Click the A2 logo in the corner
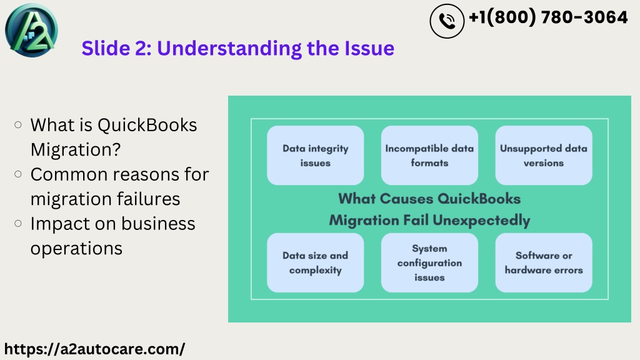click(x=31, y=30)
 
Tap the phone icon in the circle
click(x=447, y=21)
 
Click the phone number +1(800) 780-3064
click(x=548, y=17)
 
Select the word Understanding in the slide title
click(x=229, y=49)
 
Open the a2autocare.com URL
click(x=95, y=349)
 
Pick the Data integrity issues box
click(x=316, y=156)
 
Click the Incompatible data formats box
click(x=429, y=156)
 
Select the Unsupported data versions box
click(x=544, y=156)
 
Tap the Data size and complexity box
click(x=316, y=263)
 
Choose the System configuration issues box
click(x=429, y=263)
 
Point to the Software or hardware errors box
click(x=544, y=263)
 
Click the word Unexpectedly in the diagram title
click(x=481, y=221)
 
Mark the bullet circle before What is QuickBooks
click(x=18, y=125)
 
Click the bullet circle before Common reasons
click(x=18, y=174)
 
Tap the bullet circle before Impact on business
click(x=18, y=223)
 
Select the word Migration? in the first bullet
click(x=76, y=150)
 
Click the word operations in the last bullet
click(x=76, y=249)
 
